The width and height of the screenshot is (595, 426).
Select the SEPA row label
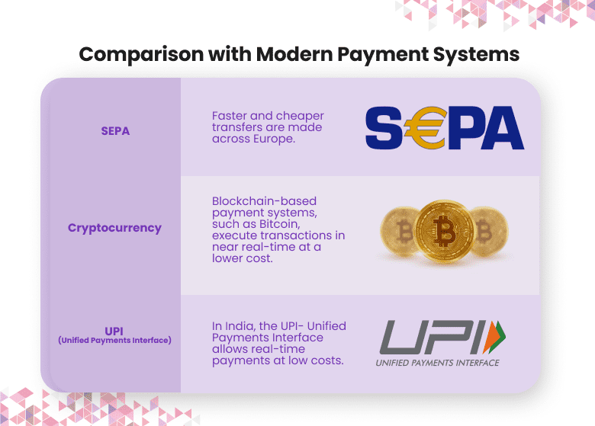coord(115,130)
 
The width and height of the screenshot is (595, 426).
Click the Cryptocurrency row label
coord(114,227)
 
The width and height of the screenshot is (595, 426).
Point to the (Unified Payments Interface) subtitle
coord(114,341)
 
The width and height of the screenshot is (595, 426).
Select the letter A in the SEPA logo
coord(500,128)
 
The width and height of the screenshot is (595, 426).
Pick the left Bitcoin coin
coord(402,231)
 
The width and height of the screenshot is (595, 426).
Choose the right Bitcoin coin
coord(484,231)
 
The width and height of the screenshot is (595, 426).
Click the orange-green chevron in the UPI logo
coord(497,336)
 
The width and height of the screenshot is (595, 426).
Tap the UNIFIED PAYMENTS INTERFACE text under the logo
coord(437,363)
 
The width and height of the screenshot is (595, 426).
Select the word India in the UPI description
coord(242,326)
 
